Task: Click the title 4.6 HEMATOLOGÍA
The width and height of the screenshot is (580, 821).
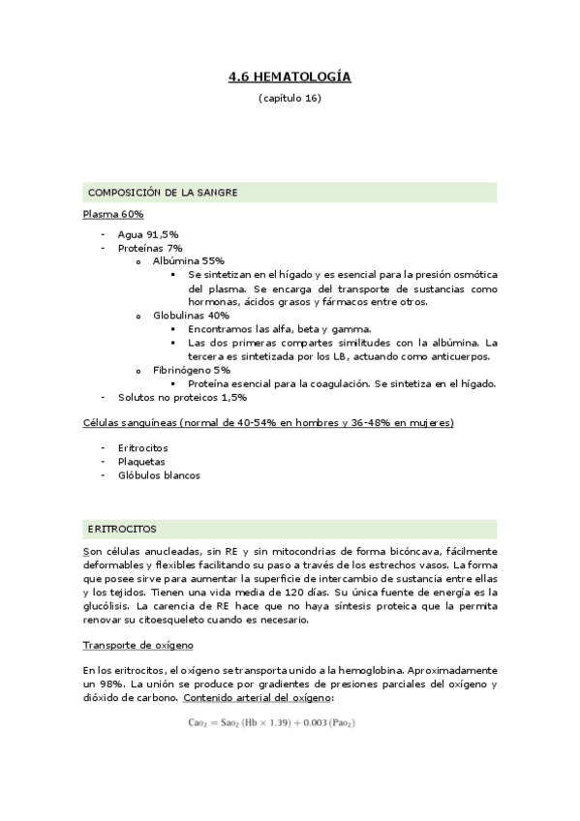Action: pos(290,76)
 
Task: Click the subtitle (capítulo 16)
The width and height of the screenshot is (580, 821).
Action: pos(290,99)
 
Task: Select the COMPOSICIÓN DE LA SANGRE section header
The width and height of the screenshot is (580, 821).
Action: pos(163,193)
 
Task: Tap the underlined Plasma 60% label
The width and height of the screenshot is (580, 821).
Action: pos(113,214)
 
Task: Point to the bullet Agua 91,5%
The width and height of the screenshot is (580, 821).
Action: pos(147,234)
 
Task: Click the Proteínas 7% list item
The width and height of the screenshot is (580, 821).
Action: pos(149,248)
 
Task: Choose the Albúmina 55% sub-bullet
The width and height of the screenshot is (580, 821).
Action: pos(189,261)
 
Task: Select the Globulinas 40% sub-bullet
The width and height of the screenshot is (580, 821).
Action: pos(191,315)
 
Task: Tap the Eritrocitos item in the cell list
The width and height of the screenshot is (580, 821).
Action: pos(142,448)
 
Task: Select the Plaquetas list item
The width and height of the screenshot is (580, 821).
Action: pos(141,462)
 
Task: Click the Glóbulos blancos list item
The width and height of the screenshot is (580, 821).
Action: pos(159,475)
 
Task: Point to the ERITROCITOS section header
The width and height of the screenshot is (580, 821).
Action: pos(122,529)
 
